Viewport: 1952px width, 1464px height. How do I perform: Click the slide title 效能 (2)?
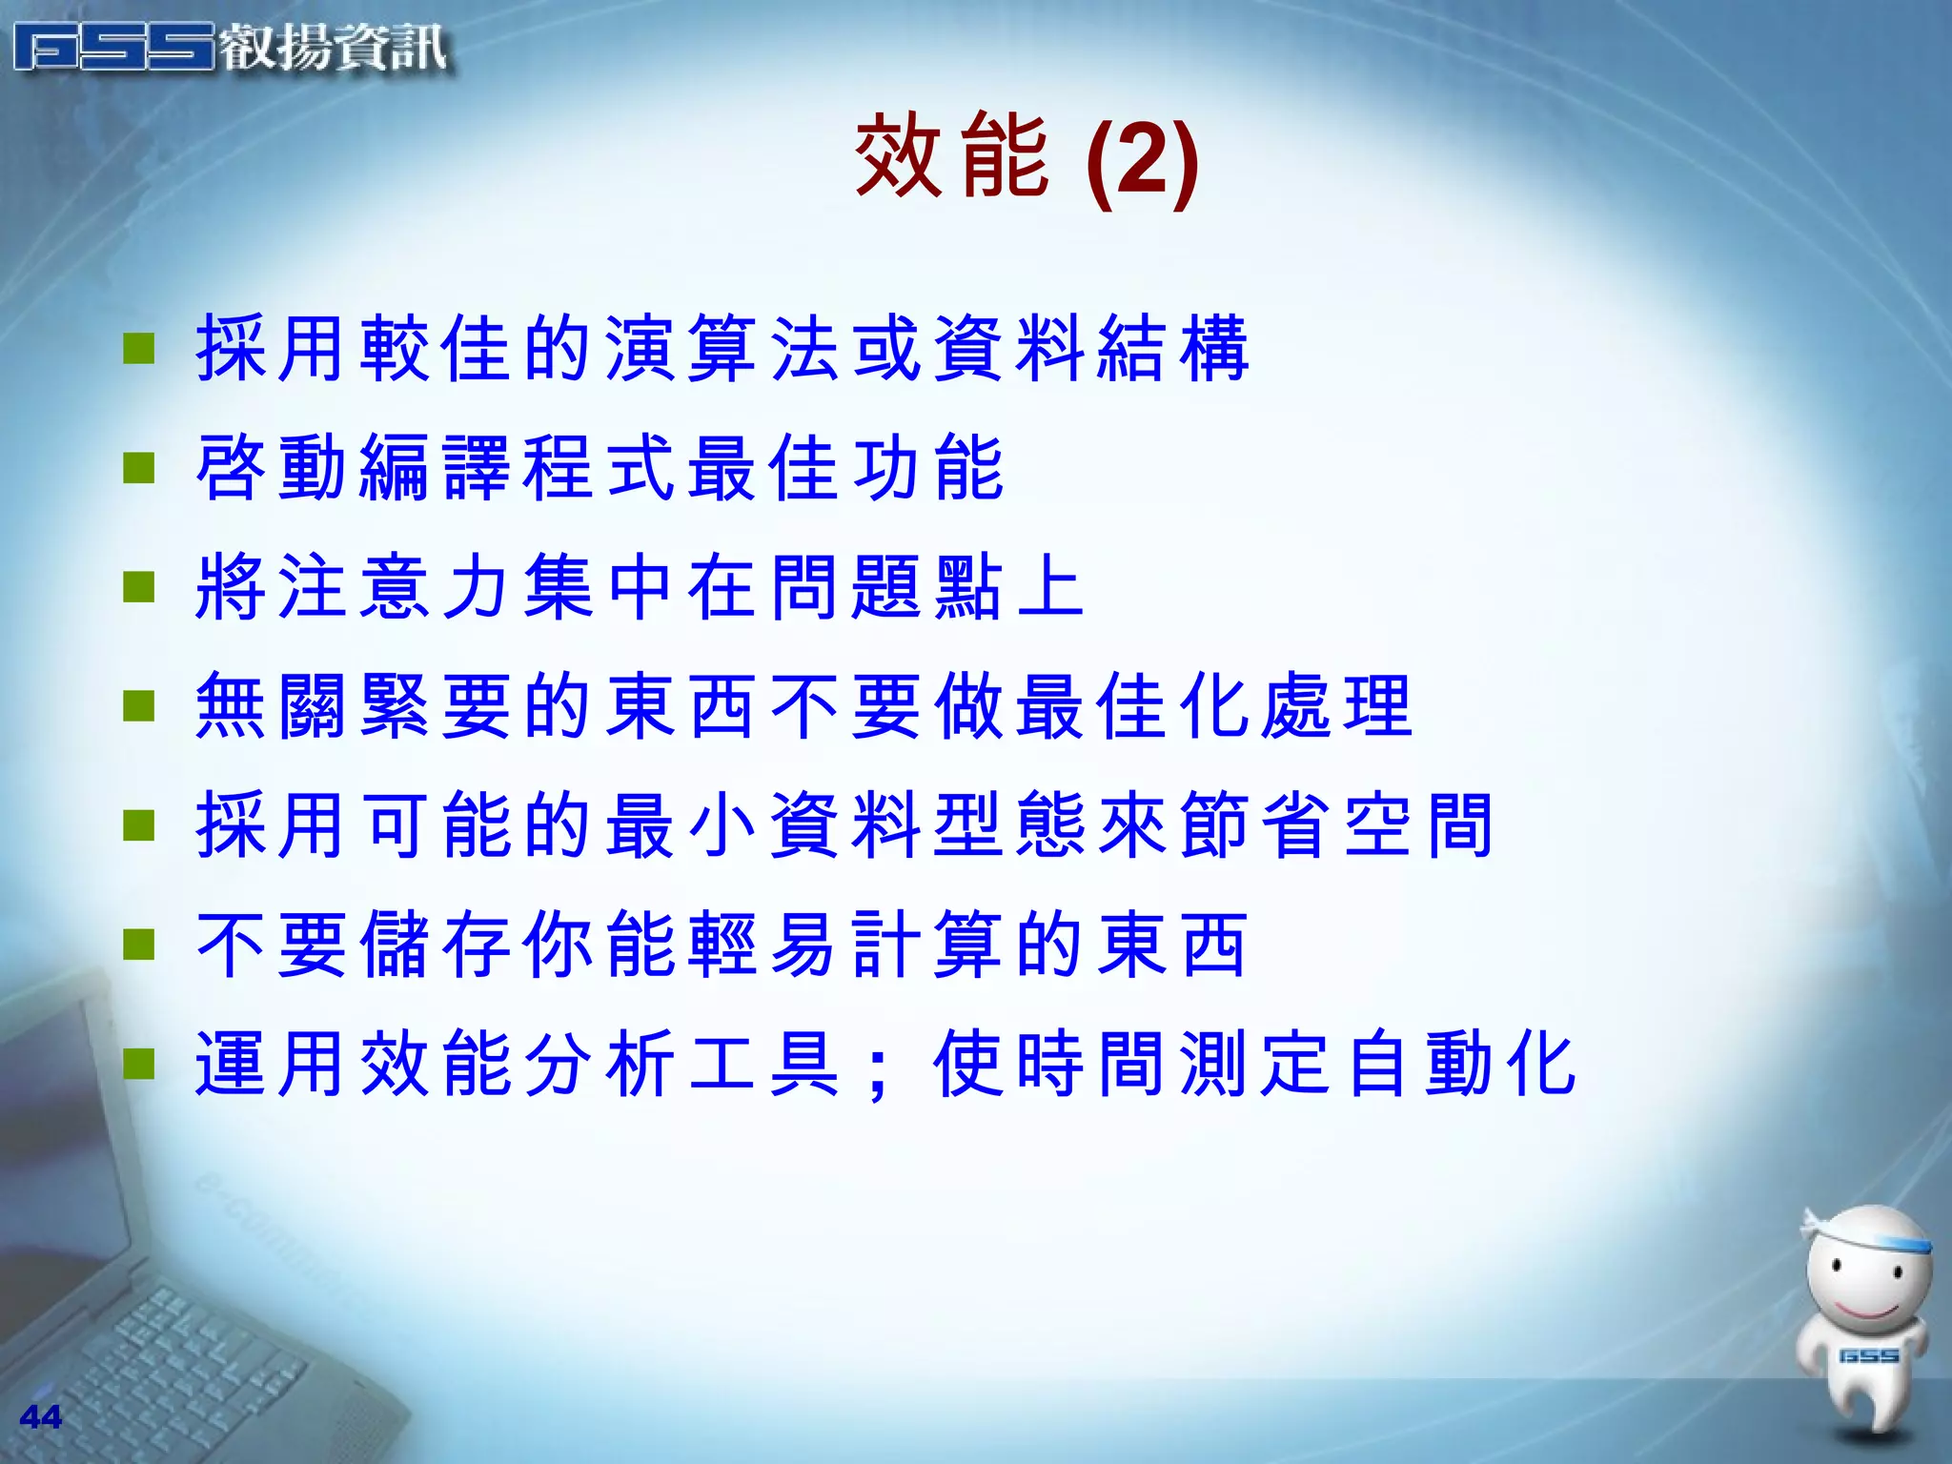[x=1026, y=157]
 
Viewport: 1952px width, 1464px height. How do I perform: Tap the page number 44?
[x=41, y=1417]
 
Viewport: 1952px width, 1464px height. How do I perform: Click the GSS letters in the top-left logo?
[x=114, y=48]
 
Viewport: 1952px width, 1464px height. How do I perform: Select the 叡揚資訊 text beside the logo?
[x=334, y=48]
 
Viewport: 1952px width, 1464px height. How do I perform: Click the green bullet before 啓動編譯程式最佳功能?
[x=139, y=468]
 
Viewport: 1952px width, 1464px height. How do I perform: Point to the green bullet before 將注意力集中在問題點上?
[x=139, y=587]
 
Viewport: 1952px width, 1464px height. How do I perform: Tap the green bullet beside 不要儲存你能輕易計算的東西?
[x=139, y=945]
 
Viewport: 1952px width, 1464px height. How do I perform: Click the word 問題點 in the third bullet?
[x=886, y=587]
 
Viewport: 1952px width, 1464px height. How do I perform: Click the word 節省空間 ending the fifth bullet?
[x=1334, y=825]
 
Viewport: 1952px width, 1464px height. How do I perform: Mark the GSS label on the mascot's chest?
[x=1868, y=1355]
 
